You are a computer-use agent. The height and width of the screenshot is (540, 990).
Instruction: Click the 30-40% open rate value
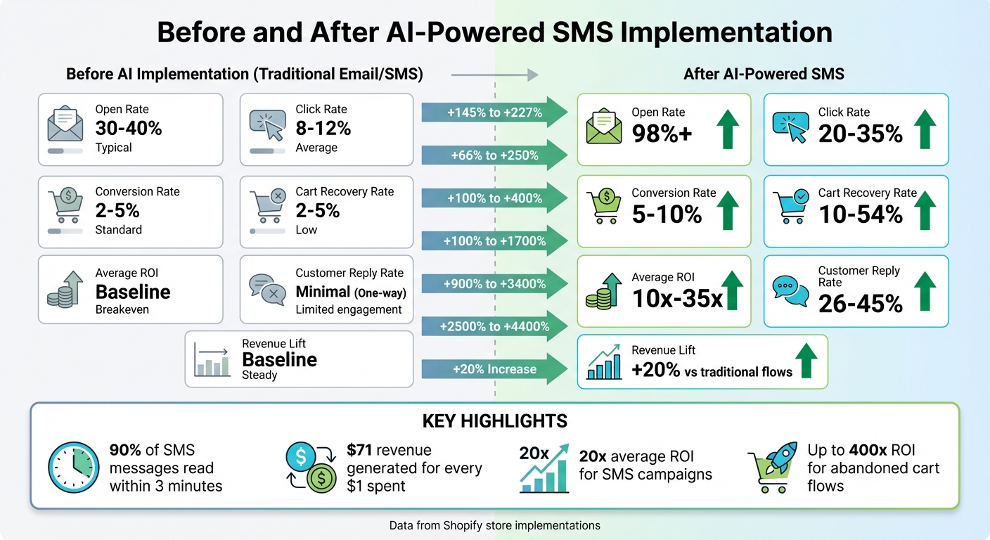129,128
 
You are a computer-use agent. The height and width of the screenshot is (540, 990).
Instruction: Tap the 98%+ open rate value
662,133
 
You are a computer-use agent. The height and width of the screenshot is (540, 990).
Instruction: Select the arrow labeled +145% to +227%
494,112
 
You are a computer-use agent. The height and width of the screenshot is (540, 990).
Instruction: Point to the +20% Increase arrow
494,369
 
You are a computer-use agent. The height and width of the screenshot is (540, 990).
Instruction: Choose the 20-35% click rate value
860,133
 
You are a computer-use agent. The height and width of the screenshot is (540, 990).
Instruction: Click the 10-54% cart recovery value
860,214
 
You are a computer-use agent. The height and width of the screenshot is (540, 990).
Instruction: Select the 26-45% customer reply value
860,303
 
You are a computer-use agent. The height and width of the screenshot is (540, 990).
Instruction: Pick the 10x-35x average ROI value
677,298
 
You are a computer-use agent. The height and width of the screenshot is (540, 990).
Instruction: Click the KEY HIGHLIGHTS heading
494,421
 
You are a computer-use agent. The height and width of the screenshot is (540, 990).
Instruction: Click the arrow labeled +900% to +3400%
494,284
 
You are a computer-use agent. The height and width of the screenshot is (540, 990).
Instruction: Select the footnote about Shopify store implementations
494,525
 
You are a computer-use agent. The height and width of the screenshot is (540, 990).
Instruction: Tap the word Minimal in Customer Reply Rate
323,292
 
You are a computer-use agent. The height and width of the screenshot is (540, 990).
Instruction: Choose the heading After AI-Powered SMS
764,74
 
